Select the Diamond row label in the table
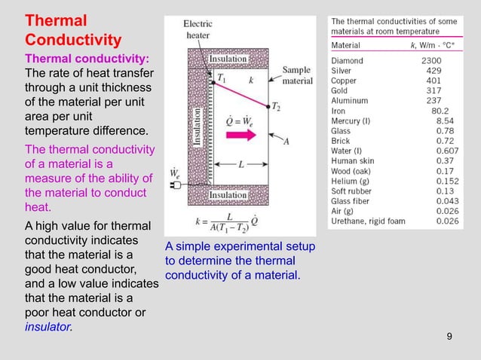[x=347, y=60]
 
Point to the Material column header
[x=348, y=45]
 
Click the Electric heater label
[x=199, y=29]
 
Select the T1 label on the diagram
[x=222, y=77]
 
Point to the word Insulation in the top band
[x=228, y=59]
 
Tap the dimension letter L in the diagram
[x=239, y=163]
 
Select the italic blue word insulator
[x=49, y=328]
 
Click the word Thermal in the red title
[x=56, y=20]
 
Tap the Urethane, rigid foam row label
[x=368, y=221]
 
